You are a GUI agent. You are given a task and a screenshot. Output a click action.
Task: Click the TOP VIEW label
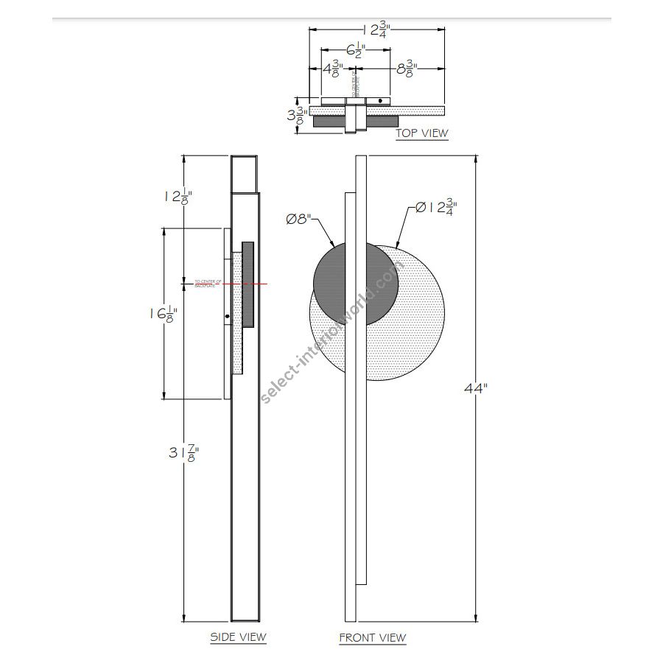[x=421, y=133]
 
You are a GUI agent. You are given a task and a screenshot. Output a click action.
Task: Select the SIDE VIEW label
[x=238, y=636]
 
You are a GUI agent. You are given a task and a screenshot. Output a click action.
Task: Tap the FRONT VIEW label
[x=372, y=637]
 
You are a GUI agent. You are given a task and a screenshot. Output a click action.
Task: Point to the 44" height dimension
[x=475, y=388]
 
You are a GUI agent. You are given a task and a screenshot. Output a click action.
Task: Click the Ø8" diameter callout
[x=299, y=219]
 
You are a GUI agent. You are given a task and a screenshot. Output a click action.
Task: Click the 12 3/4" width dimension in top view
[x=376, y=30]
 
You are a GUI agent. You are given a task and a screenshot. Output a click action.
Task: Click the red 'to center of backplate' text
[x=208, y=283]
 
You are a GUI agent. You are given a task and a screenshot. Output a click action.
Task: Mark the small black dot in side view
[x=228, y=318]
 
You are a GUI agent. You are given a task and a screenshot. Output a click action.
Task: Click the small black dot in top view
[x=380, y=101]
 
